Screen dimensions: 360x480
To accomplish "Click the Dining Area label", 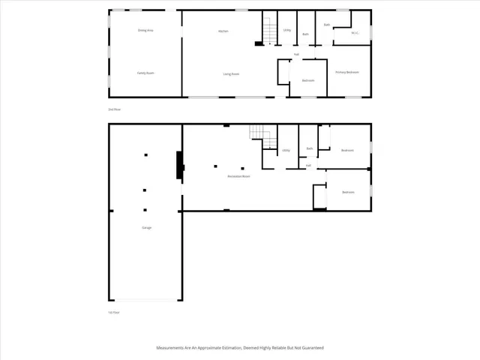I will click(x=145, y=31).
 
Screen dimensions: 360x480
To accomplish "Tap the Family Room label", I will click(x=145, y=73).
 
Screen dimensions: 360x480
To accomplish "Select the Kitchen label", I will click(x=223, y=31).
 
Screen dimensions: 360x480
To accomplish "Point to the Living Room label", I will click(x=231, y=73).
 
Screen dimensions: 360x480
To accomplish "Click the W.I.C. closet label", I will click(x=355, y=33).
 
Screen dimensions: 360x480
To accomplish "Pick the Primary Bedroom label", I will click(x=347, y=72).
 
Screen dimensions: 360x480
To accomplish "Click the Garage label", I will click(x=147, y=227).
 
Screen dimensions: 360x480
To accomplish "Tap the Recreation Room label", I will click(x=238, y=176).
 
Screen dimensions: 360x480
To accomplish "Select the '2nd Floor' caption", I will click(x=114, y=109).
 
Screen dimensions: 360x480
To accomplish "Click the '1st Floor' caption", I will click(x=114, y=312).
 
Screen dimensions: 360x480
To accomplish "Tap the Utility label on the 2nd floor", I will click(x=287, y=30).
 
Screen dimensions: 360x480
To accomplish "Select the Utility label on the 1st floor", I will click(x=286, y=151).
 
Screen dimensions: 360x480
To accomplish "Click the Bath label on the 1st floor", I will click(x=310, y=148).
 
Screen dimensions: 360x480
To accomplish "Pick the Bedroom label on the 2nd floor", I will click(x=308, y=80).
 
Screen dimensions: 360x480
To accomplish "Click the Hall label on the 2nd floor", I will click(x=296, y=54).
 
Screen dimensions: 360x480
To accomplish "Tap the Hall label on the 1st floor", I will click(x=308, y=165).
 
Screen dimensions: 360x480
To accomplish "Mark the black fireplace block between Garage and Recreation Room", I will click(x=178, y=165).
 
